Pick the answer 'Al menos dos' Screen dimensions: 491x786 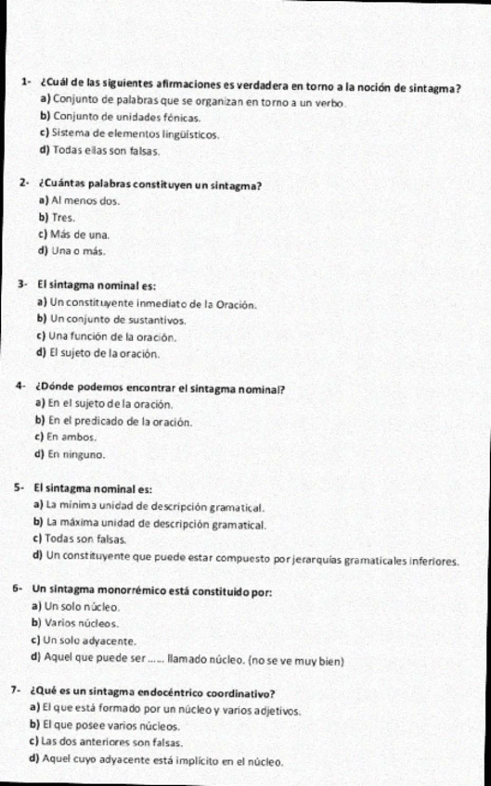click(x=86, y=200)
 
